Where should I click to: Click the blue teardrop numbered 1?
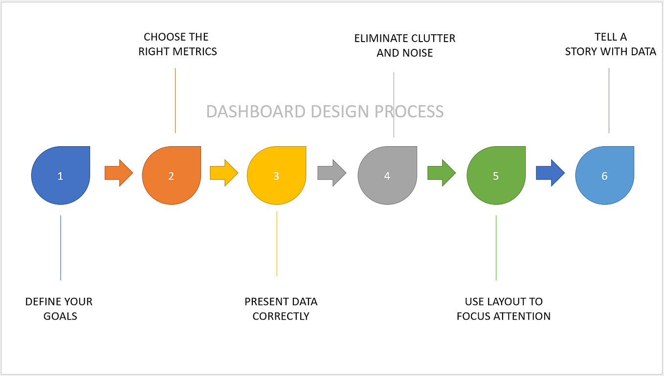[x=61, y=176]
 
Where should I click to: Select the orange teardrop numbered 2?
[x=172, y=176]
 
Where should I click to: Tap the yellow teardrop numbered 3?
[x=276, y=176]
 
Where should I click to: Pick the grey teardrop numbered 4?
[x=387, y=176]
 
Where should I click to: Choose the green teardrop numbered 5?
[x=496, y=176]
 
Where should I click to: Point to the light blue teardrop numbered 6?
[x=604, y=176]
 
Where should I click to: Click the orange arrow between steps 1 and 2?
[x=118, y=173]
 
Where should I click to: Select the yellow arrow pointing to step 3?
[x=223, y=173]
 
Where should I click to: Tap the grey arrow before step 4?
[x=332, y=173]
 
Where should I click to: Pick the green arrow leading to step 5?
[x=441, y=173]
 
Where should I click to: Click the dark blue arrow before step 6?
[x=550, y=173]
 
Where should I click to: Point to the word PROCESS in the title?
[x=409, y=111]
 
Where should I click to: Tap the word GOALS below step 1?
[x=61, y=316]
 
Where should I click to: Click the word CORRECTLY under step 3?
[x=281, y=316]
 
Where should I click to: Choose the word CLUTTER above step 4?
[x=431, y=38]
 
